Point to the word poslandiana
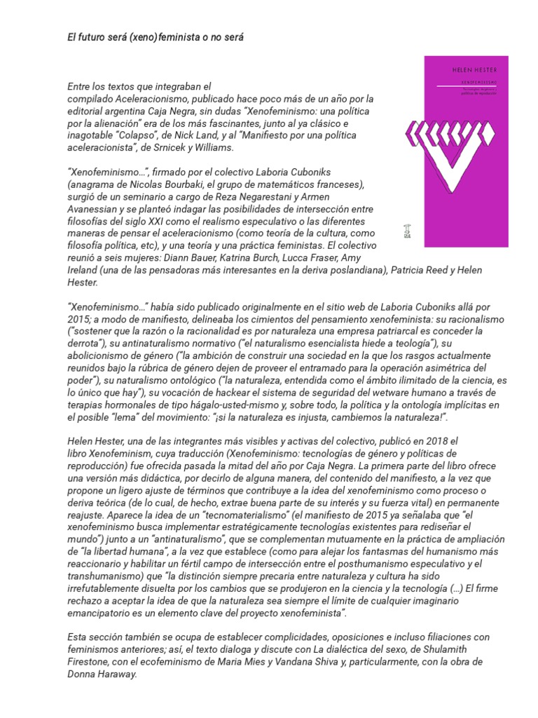[x=352, y=271]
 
